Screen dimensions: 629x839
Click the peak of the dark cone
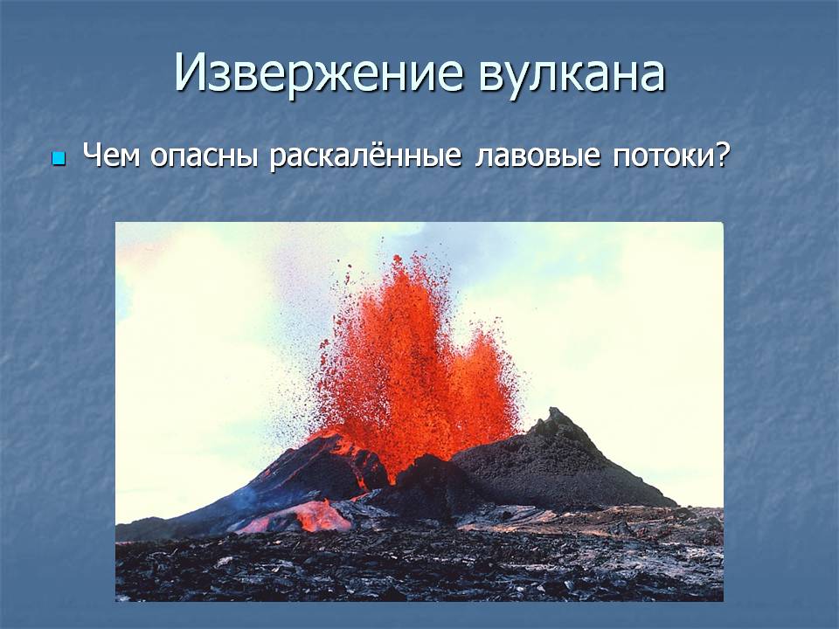coord(556,414)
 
